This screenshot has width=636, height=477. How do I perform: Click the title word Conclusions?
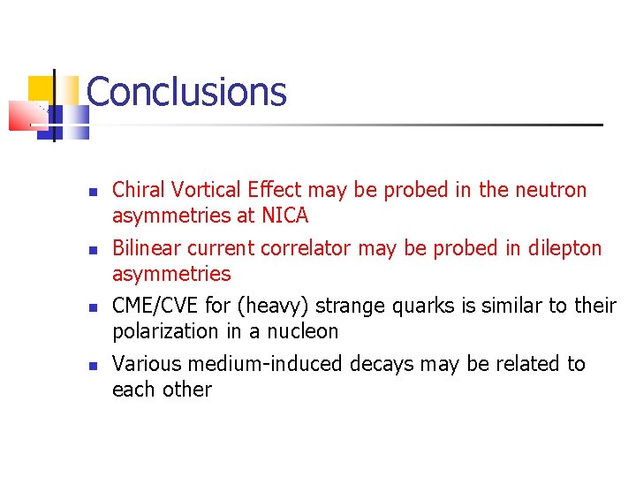click(x=186, y=92)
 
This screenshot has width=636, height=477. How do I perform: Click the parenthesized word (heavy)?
click(x=273, y=306)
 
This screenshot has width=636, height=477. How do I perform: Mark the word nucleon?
click(x=303, y=331)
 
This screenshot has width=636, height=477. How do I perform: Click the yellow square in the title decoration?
click(x=41, y=88)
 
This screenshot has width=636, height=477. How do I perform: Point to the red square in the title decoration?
click(x=25, y=116)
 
